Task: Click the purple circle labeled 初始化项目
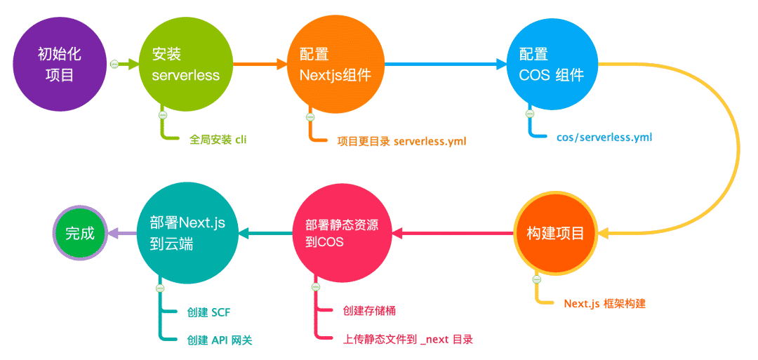[60, 65]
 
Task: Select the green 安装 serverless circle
[185, 65]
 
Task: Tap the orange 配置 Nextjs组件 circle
[335, 65]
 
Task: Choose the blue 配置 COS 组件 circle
[552, 65]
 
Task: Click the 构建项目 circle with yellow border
[556, 233]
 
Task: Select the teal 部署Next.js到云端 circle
[187, 233]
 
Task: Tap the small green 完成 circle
[80, 234]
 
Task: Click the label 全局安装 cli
[218, 140]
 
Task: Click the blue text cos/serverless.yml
[604, 137]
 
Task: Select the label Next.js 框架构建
[604, 304]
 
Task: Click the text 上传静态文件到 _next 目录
[408, 339]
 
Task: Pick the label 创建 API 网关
[220, 340]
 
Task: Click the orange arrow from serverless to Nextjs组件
[260, 65]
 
